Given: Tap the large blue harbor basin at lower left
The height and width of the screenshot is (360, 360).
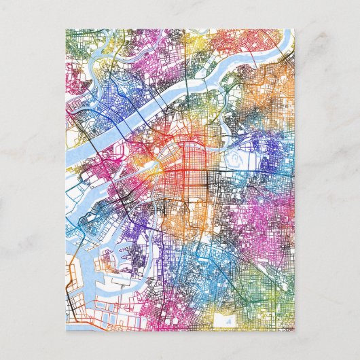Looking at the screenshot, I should [85, 285].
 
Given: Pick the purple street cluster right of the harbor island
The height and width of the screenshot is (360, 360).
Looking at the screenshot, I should [139, 262].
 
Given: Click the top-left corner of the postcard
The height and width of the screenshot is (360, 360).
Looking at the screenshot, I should [66, 29].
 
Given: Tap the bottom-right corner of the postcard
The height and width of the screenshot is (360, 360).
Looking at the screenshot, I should [294, 331].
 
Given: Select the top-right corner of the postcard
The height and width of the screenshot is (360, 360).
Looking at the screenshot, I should [294, 29].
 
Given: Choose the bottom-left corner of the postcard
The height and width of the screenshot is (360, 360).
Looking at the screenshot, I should [66, 331].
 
